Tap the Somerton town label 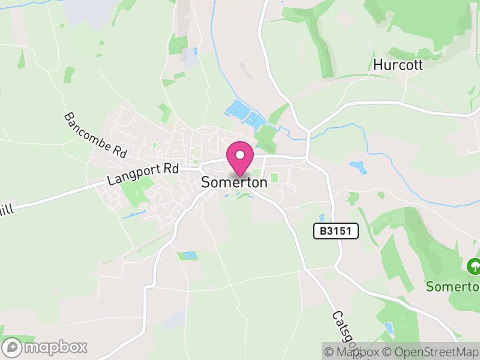pos(235,183)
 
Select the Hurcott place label pos(398,64)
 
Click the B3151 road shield pos(335,230)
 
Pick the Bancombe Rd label pos(96,135)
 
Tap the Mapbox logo pos(46,347)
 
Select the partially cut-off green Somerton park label pos(452,286)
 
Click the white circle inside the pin pos(240,155)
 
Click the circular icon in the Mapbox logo pos(12,347)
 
